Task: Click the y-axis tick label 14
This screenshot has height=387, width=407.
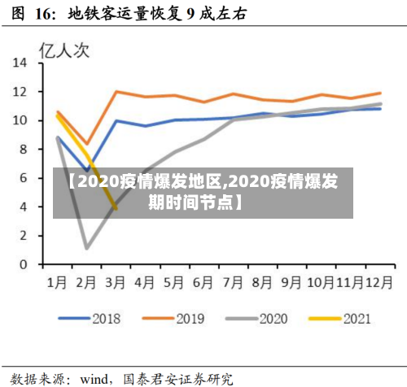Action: click(x=21, y=63)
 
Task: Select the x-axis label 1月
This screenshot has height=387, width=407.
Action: click(x=57, y=283)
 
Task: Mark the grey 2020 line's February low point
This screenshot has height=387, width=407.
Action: click(x=86, y=247)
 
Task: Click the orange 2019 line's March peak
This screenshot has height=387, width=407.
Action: click(x=116, y=91)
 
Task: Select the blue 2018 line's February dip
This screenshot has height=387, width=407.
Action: click(x=86, y=171)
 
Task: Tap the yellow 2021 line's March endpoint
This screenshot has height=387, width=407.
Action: click(x=116, y=209)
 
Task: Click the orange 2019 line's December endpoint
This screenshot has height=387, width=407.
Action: click(x=380, y=93)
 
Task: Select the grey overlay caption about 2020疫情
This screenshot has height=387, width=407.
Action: click(x=203, y=190)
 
